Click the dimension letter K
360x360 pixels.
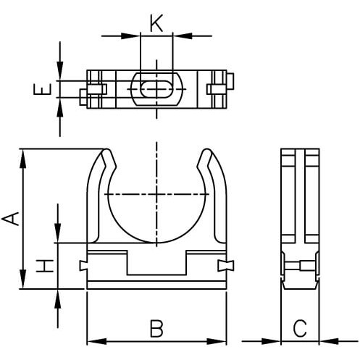(156, 23)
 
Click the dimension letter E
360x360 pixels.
(43, 89)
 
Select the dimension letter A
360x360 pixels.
(10, 219)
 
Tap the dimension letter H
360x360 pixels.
(45, 266)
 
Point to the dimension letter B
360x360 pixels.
(156, 328)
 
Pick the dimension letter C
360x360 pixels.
(300, 328)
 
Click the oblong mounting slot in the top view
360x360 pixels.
(156, 89)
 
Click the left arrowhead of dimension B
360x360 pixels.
(96, 341)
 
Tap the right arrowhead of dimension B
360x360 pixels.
(217, 341)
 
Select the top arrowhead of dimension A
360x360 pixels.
(22, 159)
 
